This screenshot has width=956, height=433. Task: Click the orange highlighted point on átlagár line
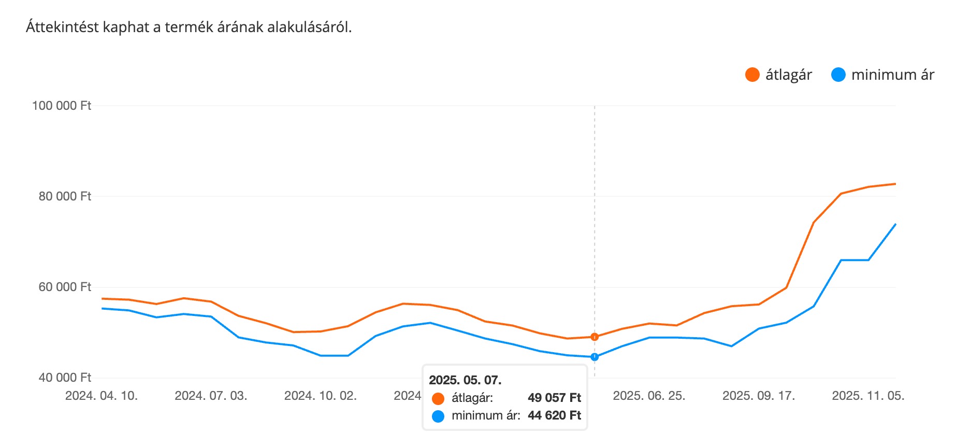(595, 337)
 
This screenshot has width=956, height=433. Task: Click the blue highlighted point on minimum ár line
(595, 357)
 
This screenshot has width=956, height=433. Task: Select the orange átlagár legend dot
(752, 75)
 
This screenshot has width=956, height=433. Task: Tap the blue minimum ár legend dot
(838, 75)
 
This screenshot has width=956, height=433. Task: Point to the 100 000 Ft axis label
(62, 106)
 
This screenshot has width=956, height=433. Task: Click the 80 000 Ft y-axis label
(65, 196)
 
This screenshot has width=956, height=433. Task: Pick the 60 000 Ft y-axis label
(65, 287)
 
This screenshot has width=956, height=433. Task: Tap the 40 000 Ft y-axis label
(65, 378)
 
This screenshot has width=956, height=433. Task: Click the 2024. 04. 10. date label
(102, 396)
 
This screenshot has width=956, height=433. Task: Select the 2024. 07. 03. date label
(211, 396)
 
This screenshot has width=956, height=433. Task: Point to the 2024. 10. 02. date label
(321, 396)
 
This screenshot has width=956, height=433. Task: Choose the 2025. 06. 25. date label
(649, 396)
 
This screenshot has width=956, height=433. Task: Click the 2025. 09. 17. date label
(759, 396)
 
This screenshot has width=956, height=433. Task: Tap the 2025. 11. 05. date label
(868, 396)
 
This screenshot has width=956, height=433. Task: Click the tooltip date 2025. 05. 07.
(465, 380)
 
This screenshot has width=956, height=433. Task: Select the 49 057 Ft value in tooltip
(554, 398)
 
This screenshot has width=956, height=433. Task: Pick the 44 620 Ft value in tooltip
(554, 415)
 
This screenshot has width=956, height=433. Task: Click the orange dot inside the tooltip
(438, 398)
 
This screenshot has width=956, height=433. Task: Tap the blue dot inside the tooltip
(438, 416)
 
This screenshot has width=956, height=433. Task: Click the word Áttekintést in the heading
(62, 27)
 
